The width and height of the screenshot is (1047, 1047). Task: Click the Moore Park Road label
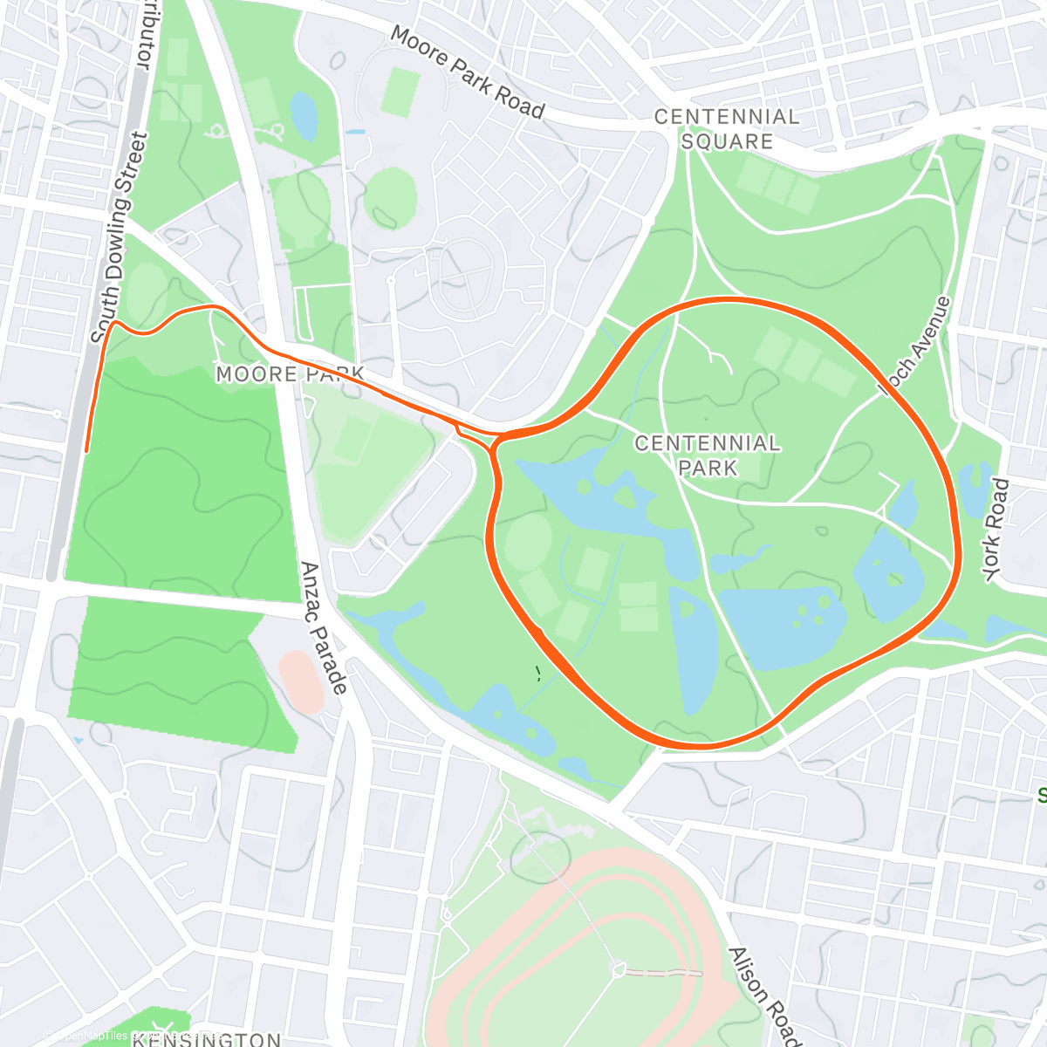(x=467, y=72)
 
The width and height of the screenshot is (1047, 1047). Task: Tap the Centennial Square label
(x=727, y=129)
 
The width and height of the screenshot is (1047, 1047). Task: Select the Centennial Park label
(x=708, y=455)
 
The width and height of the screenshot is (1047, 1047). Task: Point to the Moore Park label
(x=290, y=374)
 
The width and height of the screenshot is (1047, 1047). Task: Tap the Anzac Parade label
(x=324, y=627)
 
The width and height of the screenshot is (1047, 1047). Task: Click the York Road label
(x=996, y=529)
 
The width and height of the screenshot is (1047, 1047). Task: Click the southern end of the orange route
(x=87, y=450)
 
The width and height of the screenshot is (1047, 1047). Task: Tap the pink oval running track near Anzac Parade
(x=302, y=681)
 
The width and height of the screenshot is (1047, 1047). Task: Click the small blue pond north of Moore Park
(x=304, y=116)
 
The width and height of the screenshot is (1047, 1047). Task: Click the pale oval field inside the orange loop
(x=527, y=542)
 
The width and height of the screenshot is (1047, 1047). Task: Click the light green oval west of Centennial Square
(x=390, y=197)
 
